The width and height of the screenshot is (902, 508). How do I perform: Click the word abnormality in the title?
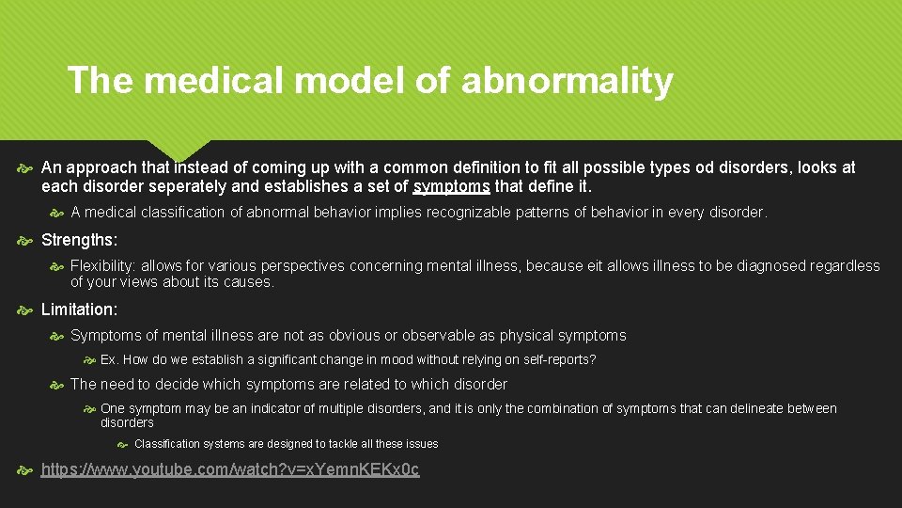coord(567,81)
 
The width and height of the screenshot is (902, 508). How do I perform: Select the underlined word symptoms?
coord(451,186)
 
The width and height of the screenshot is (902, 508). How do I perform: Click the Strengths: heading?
coord(80,240)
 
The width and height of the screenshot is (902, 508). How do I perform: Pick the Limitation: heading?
coord(80,310)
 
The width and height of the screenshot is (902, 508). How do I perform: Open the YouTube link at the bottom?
coord(230,468)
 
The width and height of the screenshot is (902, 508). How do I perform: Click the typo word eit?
coord(593,266)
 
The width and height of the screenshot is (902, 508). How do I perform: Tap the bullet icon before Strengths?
coord(24,240)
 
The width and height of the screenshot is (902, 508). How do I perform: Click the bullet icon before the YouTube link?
coord(24,468)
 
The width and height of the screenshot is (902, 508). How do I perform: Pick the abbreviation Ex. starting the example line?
coord(109,359)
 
